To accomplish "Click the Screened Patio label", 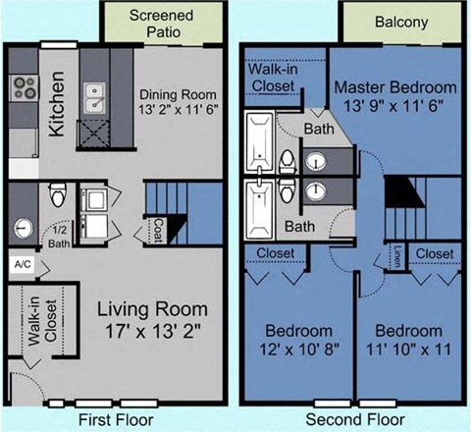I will tap(161, 25).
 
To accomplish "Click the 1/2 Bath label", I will tap(60, 237).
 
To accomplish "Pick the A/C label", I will tap(21, 265).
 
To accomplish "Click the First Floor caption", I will tap(116, 419).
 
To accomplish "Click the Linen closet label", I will tap(397, 255).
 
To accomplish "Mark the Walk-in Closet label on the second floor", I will tap(276, 79).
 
